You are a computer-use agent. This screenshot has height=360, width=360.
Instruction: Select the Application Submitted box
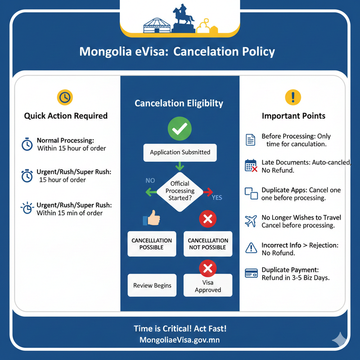[180, 153]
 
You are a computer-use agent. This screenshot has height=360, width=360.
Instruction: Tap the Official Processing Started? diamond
[180, 191]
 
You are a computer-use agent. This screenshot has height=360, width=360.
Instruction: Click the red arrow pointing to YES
[208, 193]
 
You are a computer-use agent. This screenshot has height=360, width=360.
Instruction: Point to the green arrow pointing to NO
[151, 193]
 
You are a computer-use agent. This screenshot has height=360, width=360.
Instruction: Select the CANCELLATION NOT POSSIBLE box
[207, 244]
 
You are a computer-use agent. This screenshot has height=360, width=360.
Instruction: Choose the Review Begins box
[152, 285]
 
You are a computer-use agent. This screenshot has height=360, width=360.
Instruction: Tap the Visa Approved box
[208, 286]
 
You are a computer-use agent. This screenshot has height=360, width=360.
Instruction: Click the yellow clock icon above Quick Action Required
[65, 97]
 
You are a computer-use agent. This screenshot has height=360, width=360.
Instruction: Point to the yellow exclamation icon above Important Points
[293, 97]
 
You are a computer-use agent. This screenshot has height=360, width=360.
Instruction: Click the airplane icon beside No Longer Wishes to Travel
[251, 221]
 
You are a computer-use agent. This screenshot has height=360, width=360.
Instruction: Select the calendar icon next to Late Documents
[251, 166]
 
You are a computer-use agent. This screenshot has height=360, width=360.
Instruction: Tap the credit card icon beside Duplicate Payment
[251, 273]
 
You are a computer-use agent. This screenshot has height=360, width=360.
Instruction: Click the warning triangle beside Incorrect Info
[251, 247]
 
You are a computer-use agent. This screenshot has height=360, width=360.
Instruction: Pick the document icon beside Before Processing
[251, 139]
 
